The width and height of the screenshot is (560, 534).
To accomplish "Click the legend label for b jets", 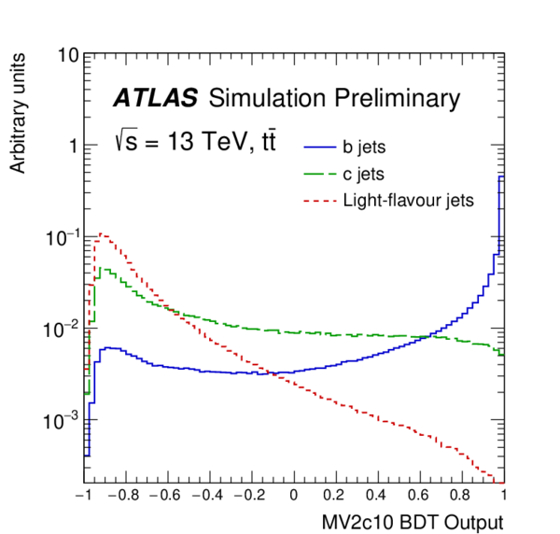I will [x=371, y=148].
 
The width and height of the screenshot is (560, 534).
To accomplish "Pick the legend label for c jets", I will [x=371, y=174].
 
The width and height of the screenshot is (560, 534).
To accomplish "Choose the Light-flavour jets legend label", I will [x=409, y=199].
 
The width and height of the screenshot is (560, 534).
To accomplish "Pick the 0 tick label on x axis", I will [x=294, y=495].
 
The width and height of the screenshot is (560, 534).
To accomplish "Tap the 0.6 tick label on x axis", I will [x=420, y=495].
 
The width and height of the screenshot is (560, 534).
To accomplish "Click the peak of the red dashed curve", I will [x=102, y=234].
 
